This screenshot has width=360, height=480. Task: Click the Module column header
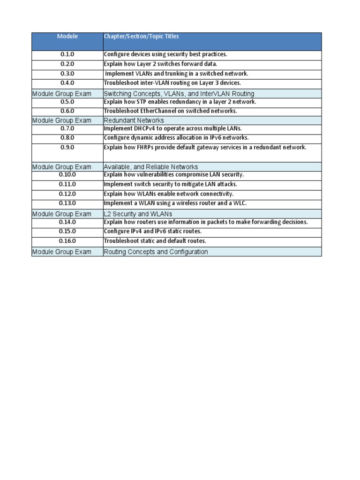click(67, 37)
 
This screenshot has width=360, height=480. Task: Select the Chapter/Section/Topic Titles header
click(141, 37)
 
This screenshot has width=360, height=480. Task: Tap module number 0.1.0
click(67, 55)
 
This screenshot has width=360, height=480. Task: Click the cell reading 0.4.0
click(67, 83)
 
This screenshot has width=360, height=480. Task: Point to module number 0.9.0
click(67, 147)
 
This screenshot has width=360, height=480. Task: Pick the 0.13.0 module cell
click(67, 203)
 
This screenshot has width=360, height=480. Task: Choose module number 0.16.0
click(67, 241)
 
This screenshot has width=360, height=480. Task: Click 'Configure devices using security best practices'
click(165, 55)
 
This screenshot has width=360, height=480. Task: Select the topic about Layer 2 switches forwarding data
click(160, 64)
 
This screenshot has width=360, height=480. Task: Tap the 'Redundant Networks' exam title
click(134, 120)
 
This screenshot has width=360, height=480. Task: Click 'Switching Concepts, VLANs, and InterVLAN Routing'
click(179, 94)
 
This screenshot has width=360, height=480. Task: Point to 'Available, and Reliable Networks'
click(150, 167)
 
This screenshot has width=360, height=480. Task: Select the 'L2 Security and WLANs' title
click(138, 214)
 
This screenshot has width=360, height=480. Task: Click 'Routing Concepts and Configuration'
click(156, 252)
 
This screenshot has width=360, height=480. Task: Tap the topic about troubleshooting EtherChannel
click(170, 111)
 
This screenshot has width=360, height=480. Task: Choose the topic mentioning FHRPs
click(205, 147)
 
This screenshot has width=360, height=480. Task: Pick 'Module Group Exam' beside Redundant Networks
click(62, 120)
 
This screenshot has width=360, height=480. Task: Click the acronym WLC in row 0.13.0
click(238, 203)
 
